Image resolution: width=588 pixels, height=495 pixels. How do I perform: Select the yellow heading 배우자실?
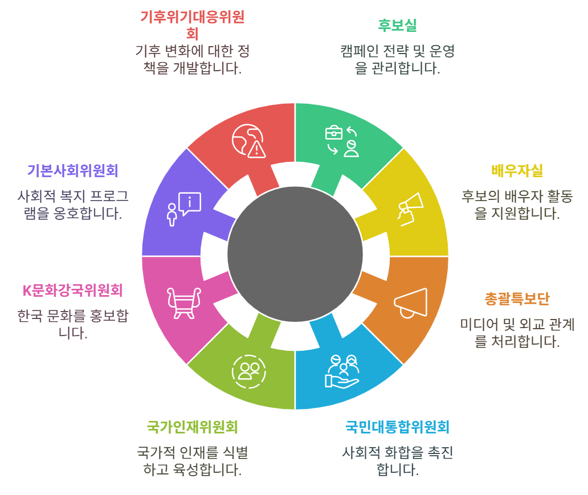pos(517,170)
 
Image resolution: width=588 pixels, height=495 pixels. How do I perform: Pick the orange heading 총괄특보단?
pos(517,298)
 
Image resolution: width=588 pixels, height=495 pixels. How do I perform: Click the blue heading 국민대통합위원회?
pos(398,427)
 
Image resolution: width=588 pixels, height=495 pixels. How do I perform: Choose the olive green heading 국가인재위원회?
pos(192,427)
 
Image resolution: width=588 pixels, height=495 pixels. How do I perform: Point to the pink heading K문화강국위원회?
pos(72,290)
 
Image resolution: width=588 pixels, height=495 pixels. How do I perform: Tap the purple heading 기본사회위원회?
pos(72,170)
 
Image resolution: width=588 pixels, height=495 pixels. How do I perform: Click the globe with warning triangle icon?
pos(249,140)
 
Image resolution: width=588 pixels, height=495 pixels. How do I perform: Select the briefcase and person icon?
pos(342,140)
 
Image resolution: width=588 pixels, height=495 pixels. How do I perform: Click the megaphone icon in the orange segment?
pos(410,302)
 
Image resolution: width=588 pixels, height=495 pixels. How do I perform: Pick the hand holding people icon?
pos(342,371)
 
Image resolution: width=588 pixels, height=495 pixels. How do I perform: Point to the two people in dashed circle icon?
pos(249,371)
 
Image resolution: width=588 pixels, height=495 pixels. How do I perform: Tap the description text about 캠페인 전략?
pos(397,60)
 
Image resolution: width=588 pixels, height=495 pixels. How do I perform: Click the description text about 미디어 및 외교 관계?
pos(517,333)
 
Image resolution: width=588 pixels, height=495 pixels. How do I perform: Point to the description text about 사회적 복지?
pos(72,205)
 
